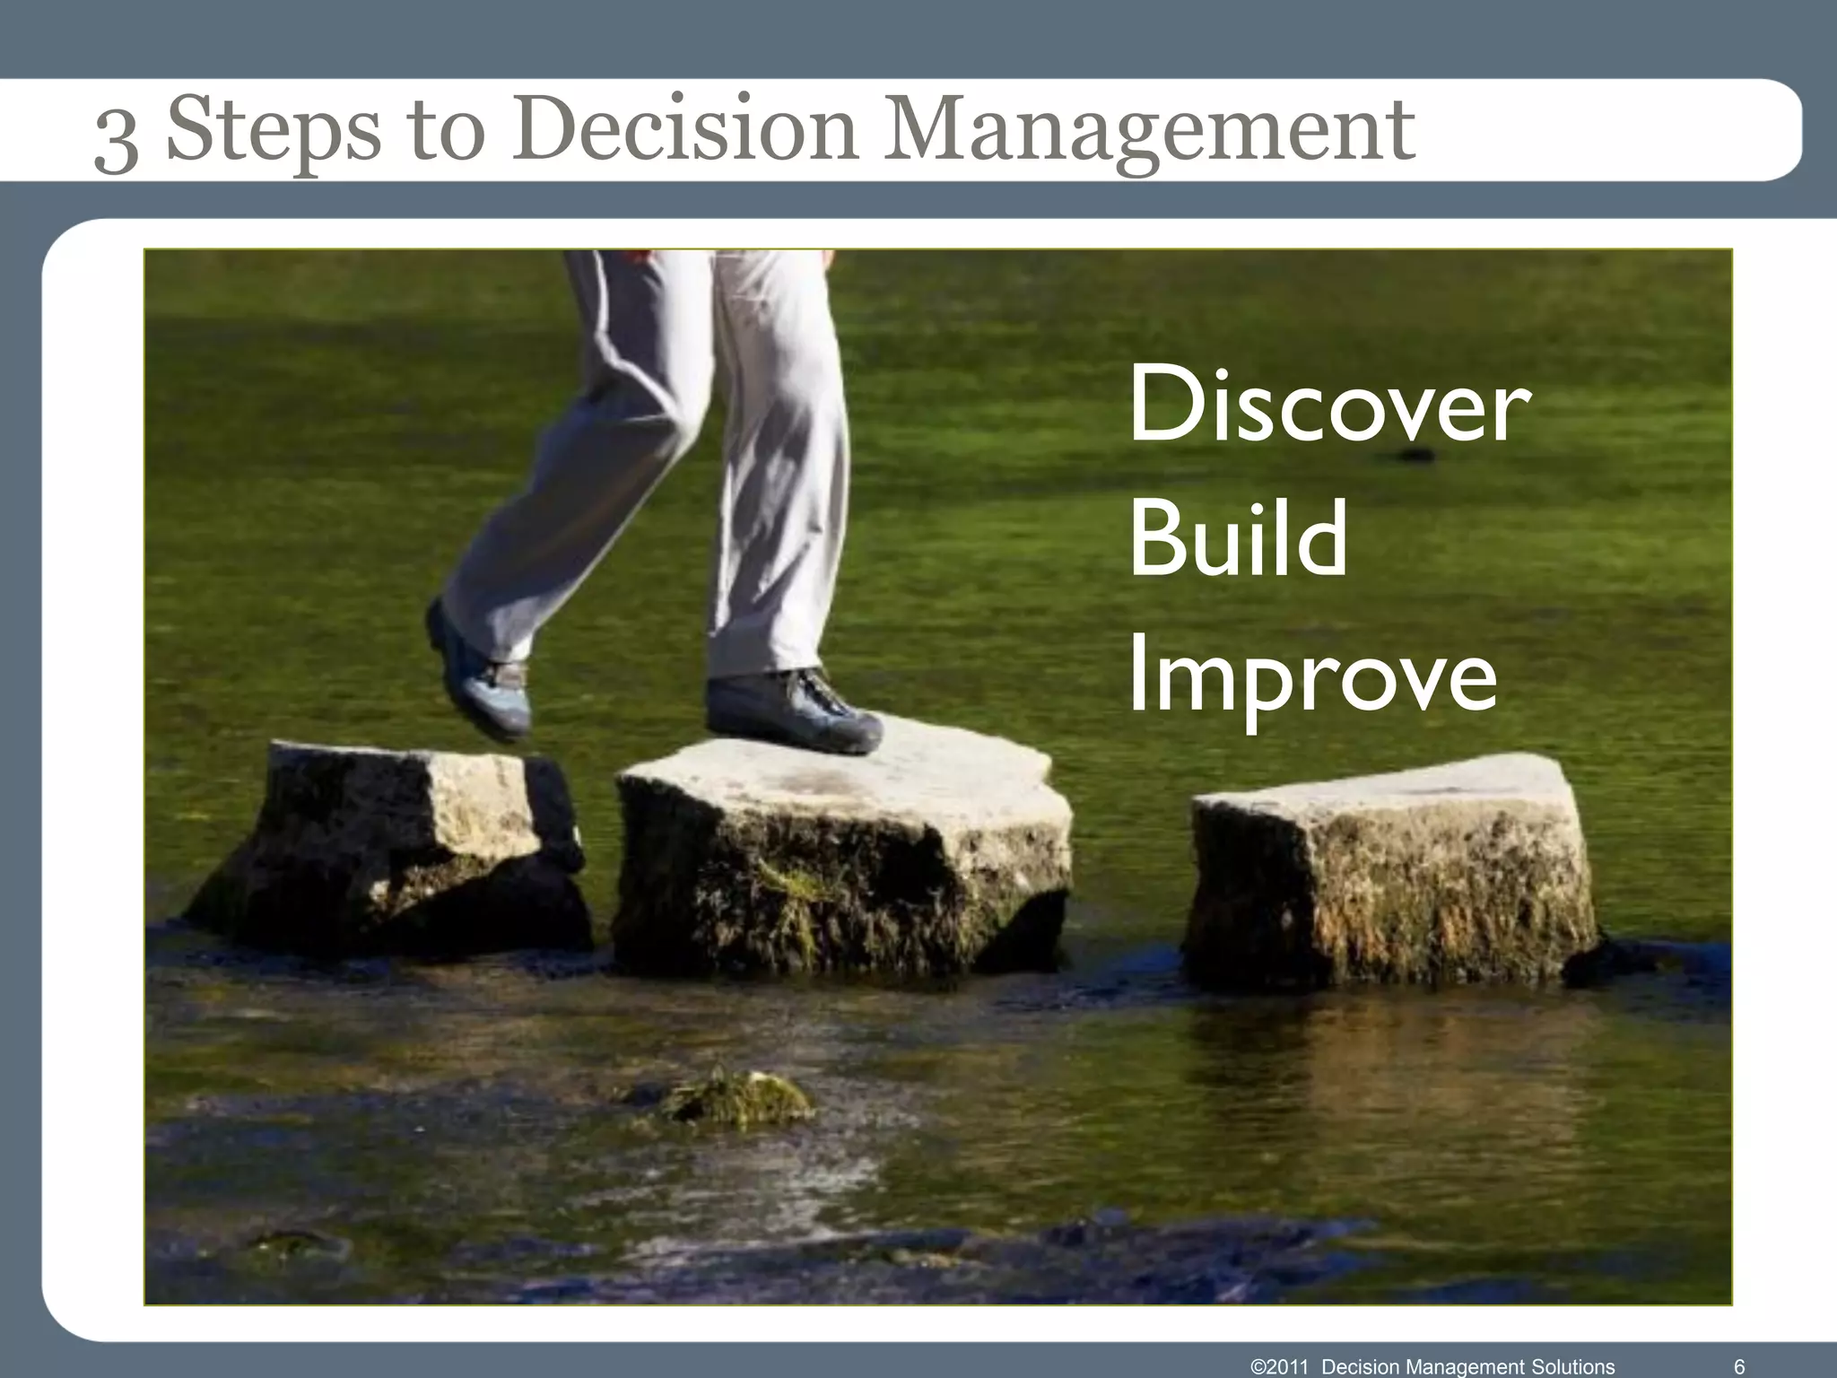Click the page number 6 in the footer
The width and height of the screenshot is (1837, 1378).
[x=1739, y=1366]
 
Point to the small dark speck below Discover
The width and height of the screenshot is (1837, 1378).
[x=1414, y=455]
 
